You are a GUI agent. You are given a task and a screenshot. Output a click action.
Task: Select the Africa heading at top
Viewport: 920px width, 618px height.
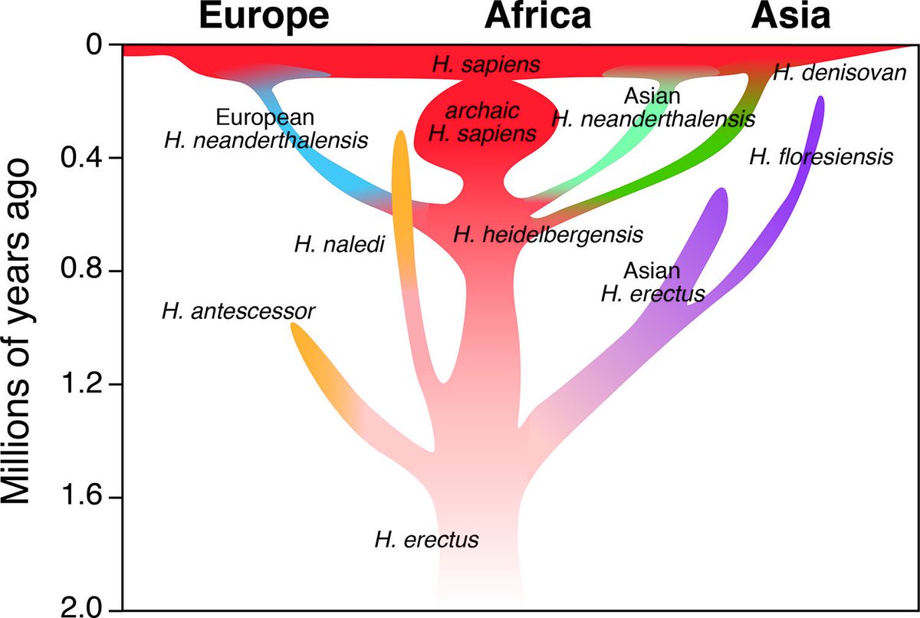[x=538, y=15]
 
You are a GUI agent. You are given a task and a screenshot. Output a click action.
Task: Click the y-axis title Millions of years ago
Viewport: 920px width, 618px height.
[x=21, y=330]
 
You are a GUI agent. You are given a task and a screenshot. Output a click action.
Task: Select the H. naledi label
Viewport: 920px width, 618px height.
[x=339, y=245]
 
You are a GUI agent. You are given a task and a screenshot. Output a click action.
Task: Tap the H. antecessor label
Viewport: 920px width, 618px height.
[x=238, y=311]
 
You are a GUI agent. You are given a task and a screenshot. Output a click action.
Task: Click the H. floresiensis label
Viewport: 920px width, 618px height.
[x=821, y=158]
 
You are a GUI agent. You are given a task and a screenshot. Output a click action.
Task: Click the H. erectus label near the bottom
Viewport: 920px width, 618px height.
[x=426, y=539]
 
